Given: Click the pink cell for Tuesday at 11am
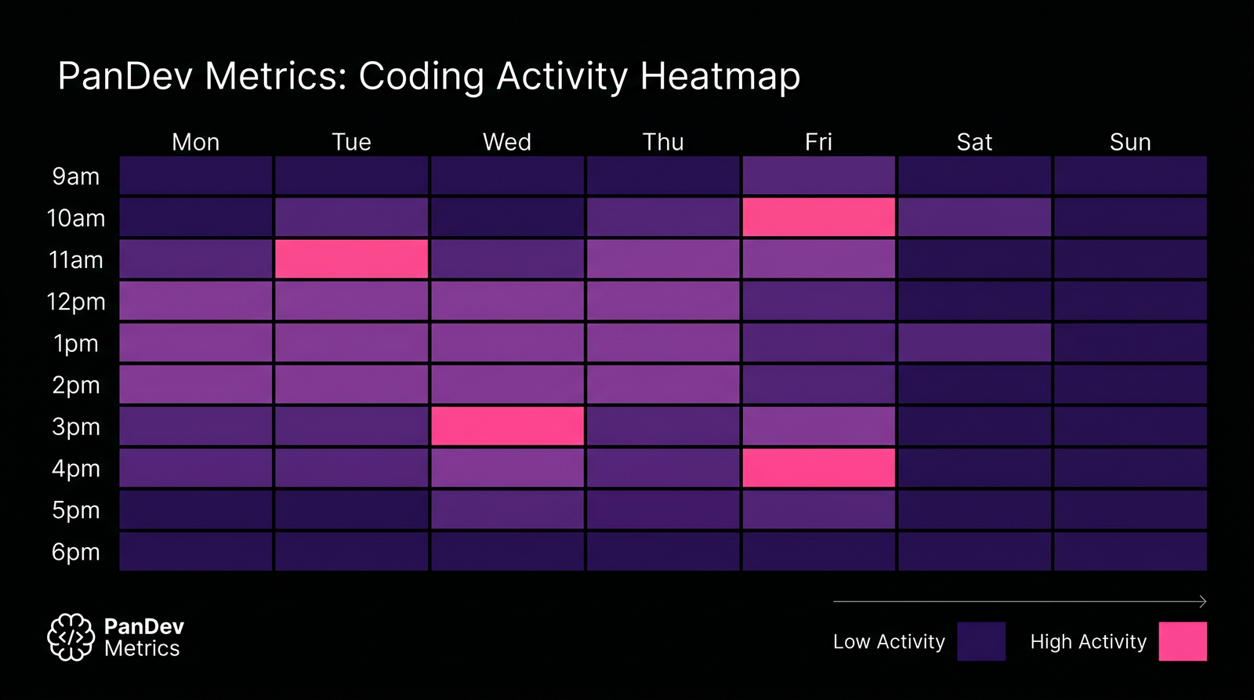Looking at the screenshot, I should pyautogui.click(x=351, y=259).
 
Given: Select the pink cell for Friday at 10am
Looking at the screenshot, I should pyautogui.click(x=818, y=217).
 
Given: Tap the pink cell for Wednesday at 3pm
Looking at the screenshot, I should pyautogui.click(x=507, y=426).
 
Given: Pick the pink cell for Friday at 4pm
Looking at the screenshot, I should pyautogui.click(x=818, y=467).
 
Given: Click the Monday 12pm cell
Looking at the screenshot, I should pyautogui.click(x=195, y=301).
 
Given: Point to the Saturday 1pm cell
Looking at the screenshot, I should pyautogui.click(x=974, y=343).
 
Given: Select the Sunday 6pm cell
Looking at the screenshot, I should pyautogui.click(x=1129, y=551).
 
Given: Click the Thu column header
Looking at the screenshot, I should pyautogui.click(x=663, y=142).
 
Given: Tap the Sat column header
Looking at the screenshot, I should pyautogui.click(x=974, y=142).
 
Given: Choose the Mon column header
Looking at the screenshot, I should pyautogui.click(x=195, y=142).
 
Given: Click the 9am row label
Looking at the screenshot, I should pyautogui.click(x=76, y=176).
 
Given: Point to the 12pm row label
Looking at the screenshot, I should pyautogui.click(x=76, y=302).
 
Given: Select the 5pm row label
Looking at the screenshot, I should pyautogui.click(x=76, y=510).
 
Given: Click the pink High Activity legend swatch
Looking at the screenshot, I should pyautogui.click(x=1183, y=641).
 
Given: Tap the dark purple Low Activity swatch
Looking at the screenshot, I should pyautogui.click(x=981, y=641).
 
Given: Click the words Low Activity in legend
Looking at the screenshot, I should pyautogui.click(x=889, y=641).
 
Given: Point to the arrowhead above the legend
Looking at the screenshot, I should pyautogui.click(x=1203, y=601).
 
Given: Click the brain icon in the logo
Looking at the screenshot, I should pyautogui.click(x=71, y=637).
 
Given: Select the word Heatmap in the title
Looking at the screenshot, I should pyautogui.click(x=720, y=76).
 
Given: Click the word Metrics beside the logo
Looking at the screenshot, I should pyautogui.click(x=142, y=648).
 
